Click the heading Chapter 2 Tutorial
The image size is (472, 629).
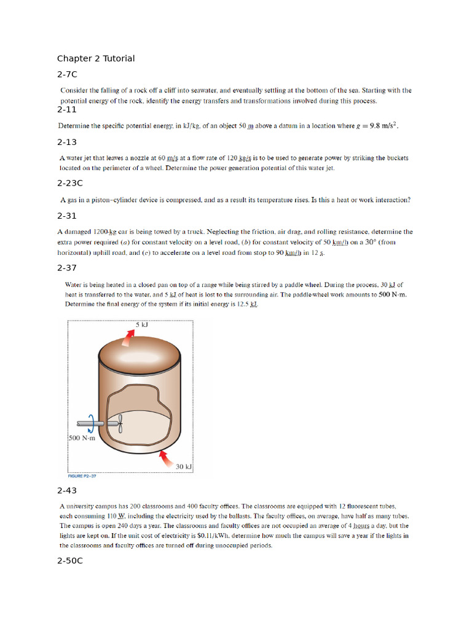(x=96, y=58)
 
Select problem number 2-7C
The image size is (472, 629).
(x=67, y=74)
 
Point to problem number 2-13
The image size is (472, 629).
(x=67, y=142)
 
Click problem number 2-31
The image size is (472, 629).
(x=67, y=216)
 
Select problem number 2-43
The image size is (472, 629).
(x=67, y=491)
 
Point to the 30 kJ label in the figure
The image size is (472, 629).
(x=184, y=467)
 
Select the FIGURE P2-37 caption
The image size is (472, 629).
(x=82, y=476)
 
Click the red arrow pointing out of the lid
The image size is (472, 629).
(x=130, y=337)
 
